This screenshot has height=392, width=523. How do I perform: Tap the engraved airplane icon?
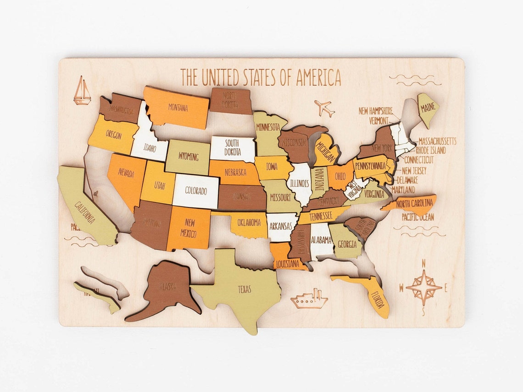coord(324,108)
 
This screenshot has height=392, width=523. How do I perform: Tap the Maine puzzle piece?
coord(427,109)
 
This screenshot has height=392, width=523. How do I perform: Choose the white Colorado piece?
coord(196,191)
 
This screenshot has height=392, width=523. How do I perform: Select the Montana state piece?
coord(178,108)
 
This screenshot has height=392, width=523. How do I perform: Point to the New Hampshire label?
coord(376,111)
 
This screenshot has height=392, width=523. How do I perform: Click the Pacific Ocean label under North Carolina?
coord(417,217)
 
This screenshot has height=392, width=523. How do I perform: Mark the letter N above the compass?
coord(423,263)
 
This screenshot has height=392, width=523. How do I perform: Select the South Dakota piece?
coord(233,148)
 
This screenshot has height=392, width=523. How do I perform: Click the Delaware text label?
coord(407,180)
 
